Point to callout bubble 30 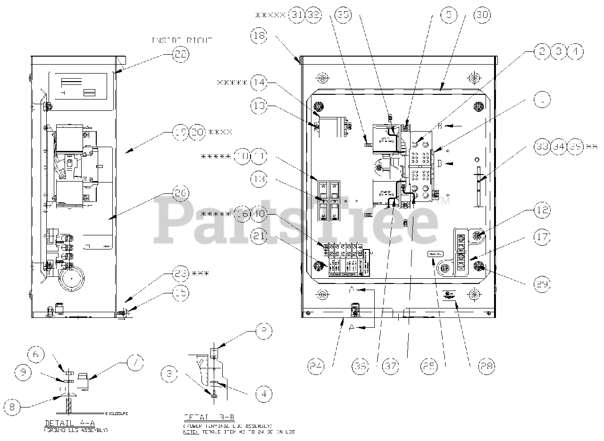482,15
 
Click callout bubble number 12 542,210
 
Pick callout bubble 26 180,193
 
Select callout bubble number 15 180,293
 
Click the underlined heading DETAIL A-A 66,423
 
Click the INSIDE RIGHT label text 182,41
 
